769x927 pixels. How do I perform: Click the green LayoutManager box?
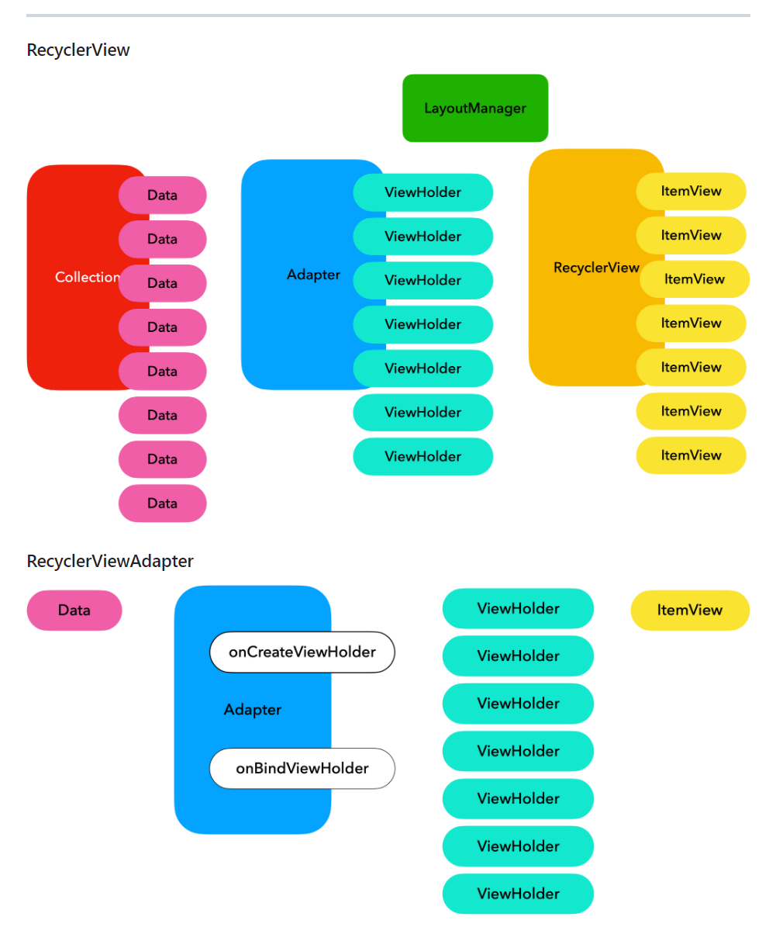(x=475, y=108)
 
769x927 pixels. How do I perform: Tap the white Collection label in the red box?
(x=88, y=277)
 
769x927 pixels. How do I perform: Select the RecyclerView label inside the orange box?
(x=596, y=268)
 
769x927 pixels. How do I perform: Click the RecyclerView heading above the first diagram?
(x=78, y=50)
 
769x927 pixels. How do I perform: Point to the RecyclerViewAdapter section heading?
(x=110, y=561)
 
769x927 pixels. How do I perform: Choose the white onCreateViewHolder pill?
(x=302, y=652)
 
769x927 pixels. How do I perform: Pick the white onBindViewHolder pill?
(x=302, y=768)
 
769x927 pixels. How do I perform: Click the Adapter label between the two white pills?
(x=252, y=710)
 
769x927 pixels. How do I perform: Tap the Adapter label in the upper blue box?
(x=313, y=275)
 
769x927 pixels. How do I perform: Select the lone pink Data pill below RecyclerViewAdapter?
(x=74, y=611)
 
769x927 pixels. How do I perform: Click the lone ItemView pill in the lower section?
(x=690, y=611)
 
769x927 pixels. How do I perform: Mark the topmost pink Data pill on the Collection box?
(x=163, y=195)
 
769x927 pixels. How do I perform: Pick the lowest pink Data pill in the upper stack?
(x=163, y=503)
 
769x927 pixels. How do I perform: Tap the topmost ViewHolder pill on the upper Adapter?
(x=423, y=192)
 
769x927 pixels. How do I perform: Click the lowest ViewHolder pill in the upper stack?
(x=423, y=456)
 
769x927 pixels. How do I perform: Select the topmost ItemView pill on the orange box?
(x=691, y=191)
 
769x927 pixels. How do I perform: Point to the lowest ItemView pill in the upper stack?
(x=691, y=455)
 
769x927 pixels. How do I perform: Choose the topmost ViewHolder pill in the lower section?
(x=518, y=608)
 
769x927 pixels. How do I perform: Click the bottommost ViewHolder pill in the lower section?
(x=518, y=894)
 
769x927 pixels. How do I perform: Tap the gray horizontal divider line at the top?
(x=388, y=16)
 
